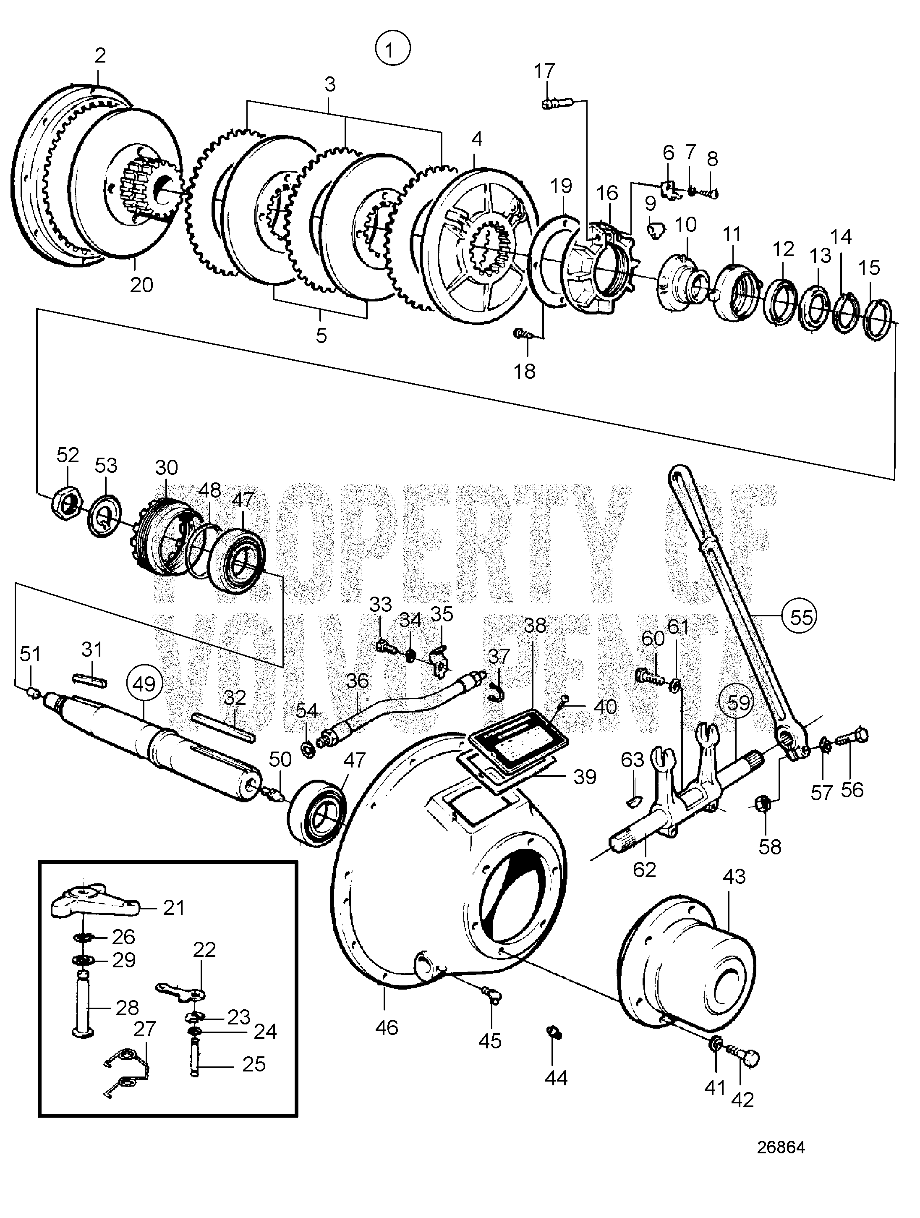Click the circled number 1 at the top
[392, 50]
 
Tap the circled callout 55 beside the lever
[800, 616]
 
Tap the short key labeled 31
[89, 681]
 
